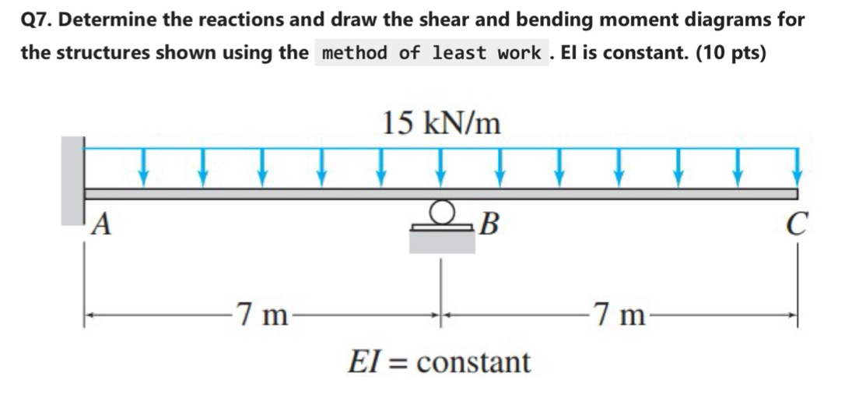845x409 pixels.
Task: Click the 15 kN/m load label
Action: [441, 122]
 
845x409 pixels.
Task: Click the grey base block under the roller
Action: [442, 242]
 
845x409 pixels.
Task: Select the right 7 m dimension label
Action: [619, 315]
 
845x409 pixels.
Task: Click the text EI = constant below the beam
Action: [439, 361]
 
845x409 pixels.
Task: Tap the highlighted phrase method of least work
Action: [432, 53]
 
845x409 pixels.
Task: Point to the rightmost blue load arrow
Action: [796, 166]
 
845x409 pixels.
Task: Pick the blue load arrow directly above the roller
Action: [441, 166]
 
